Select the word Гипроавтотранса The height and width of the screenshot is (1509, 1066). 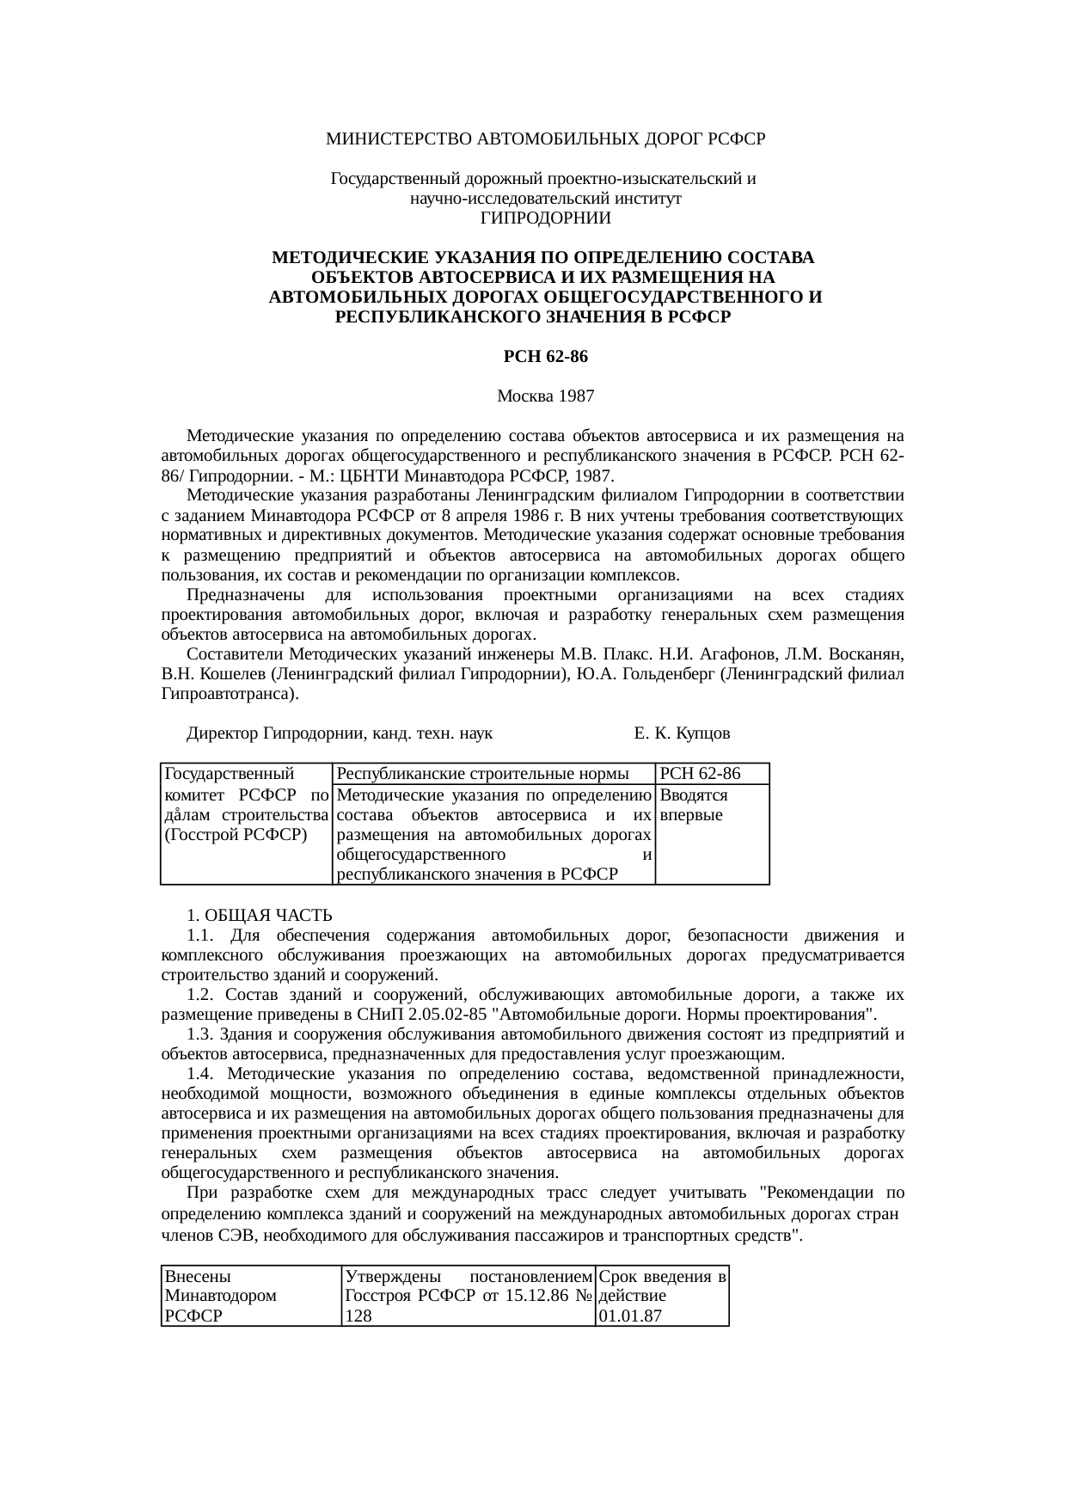pyautogui.click(x=228, y=694)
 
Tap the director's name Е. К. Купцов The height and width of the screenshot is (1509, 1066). pyautogui.click(x=682, y=733)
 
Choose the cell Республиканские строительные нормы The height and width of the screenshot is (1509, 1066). pyautogui.click(x=482, y=774)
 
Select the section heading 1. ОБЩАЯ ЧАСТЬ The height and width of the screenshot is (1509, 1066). pyautogui.click(x=260, y=914)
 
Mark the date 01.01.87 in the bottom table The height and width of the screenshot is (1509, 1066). pyautogui.click(x=630, y=1316)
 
